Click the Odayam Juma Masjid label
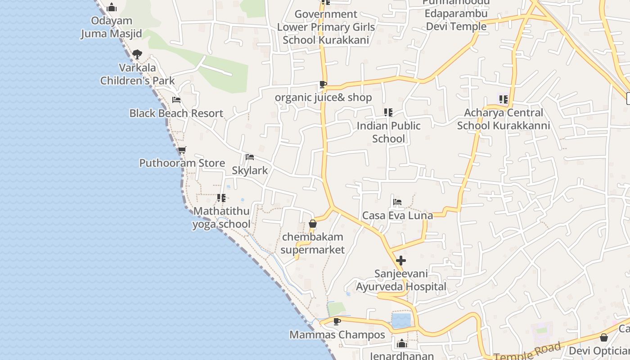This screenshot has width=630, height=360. [x=111, y=27]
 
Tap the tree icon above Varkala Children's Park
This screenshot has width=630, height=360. [x=137, y=54]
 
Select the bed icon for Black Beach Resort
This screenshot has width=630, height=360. [x=176, y=100]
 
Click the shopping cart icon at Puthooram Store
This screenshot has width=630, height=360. [x=182, y=150]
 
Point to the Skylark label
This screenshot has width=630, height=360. [x=250, y=170]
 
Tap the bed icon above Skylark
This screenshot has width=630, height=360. [x=250, y=157]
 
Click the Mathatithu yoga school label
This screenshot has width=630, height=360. [x=221, y=218]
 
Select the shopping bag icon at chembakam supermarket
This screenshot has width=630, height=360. [x=313, y=224]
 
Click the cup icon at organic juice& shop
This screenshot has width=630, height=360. [x=323, y=84]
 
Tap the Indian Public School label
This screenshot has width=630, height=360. [x=388, y=132]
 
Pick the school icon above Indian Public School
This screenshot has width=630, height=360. [x=388, y=112]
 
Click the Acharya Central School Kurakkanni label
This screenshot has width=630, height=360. [x=504, y=119]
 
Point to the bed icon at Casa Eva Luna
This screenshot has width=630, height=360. [x=397, y=202]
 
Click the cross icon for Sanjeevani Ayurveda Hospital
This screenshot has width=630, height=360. [x=401, y=261]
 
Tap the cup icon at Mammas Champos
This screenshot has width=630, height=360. [x=337, y=321]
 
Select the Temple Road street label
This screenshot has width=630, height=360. [x=528, y=351]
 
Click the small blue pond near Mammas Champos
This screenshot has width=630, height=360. [x=401, y=321]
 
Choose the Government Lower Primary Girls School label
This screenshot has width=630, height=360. [x=326, y=27]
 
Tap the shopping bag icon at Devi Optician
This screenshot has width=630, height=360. [x=604, y=337]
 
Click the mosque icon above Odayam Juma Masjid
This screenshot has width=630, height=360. [x=112, y=7]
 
